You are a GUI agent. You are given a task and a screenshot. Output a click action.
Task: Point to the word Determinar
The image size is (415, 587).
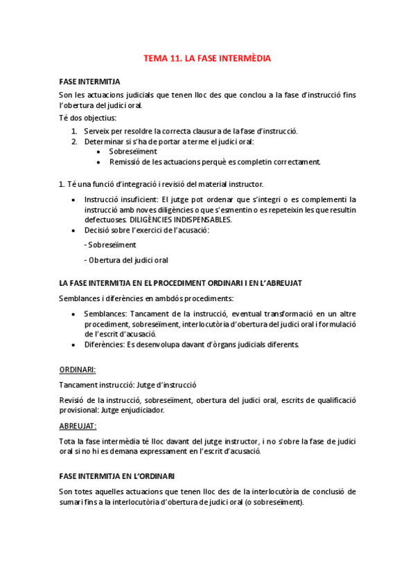(x=105, y=141)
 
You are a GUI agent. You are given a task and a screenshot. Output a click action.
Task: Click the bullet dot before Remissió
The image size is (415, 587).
(x=100, y=162)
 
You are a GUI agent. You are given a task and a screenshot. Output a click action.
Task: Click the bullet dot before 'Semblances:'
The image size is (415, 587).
(x=76, y=314)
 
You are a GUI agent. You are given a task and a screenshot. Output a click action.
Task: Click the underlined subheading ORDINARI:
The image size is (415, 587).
(x=77, y=370)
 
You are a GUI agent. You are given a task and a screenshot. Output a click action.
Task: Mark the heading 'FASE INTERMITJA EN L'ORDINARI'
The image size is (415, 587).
(x=117, y=476)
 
